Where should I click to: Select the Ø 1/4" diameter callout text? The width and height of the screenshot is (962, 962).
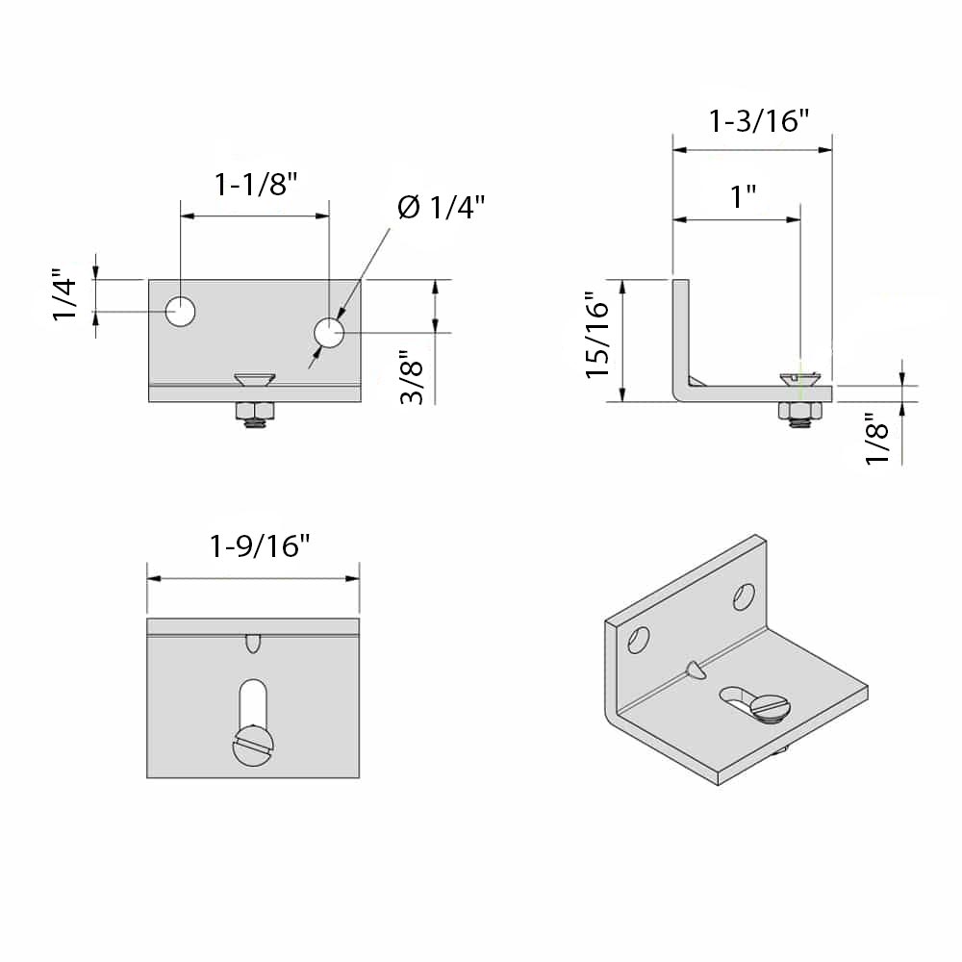click(442, 207)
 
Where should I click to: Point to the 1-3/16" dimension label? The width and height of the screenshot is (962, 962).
click(759, 121)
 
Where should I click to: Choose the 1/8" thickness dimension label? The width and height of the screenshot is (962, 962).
click(877, 441)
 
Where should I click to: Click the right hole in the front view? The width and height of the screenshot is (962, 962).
click(329, 333)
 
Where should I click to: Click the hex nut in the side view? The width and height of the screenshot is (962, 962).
click(800, 412)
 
